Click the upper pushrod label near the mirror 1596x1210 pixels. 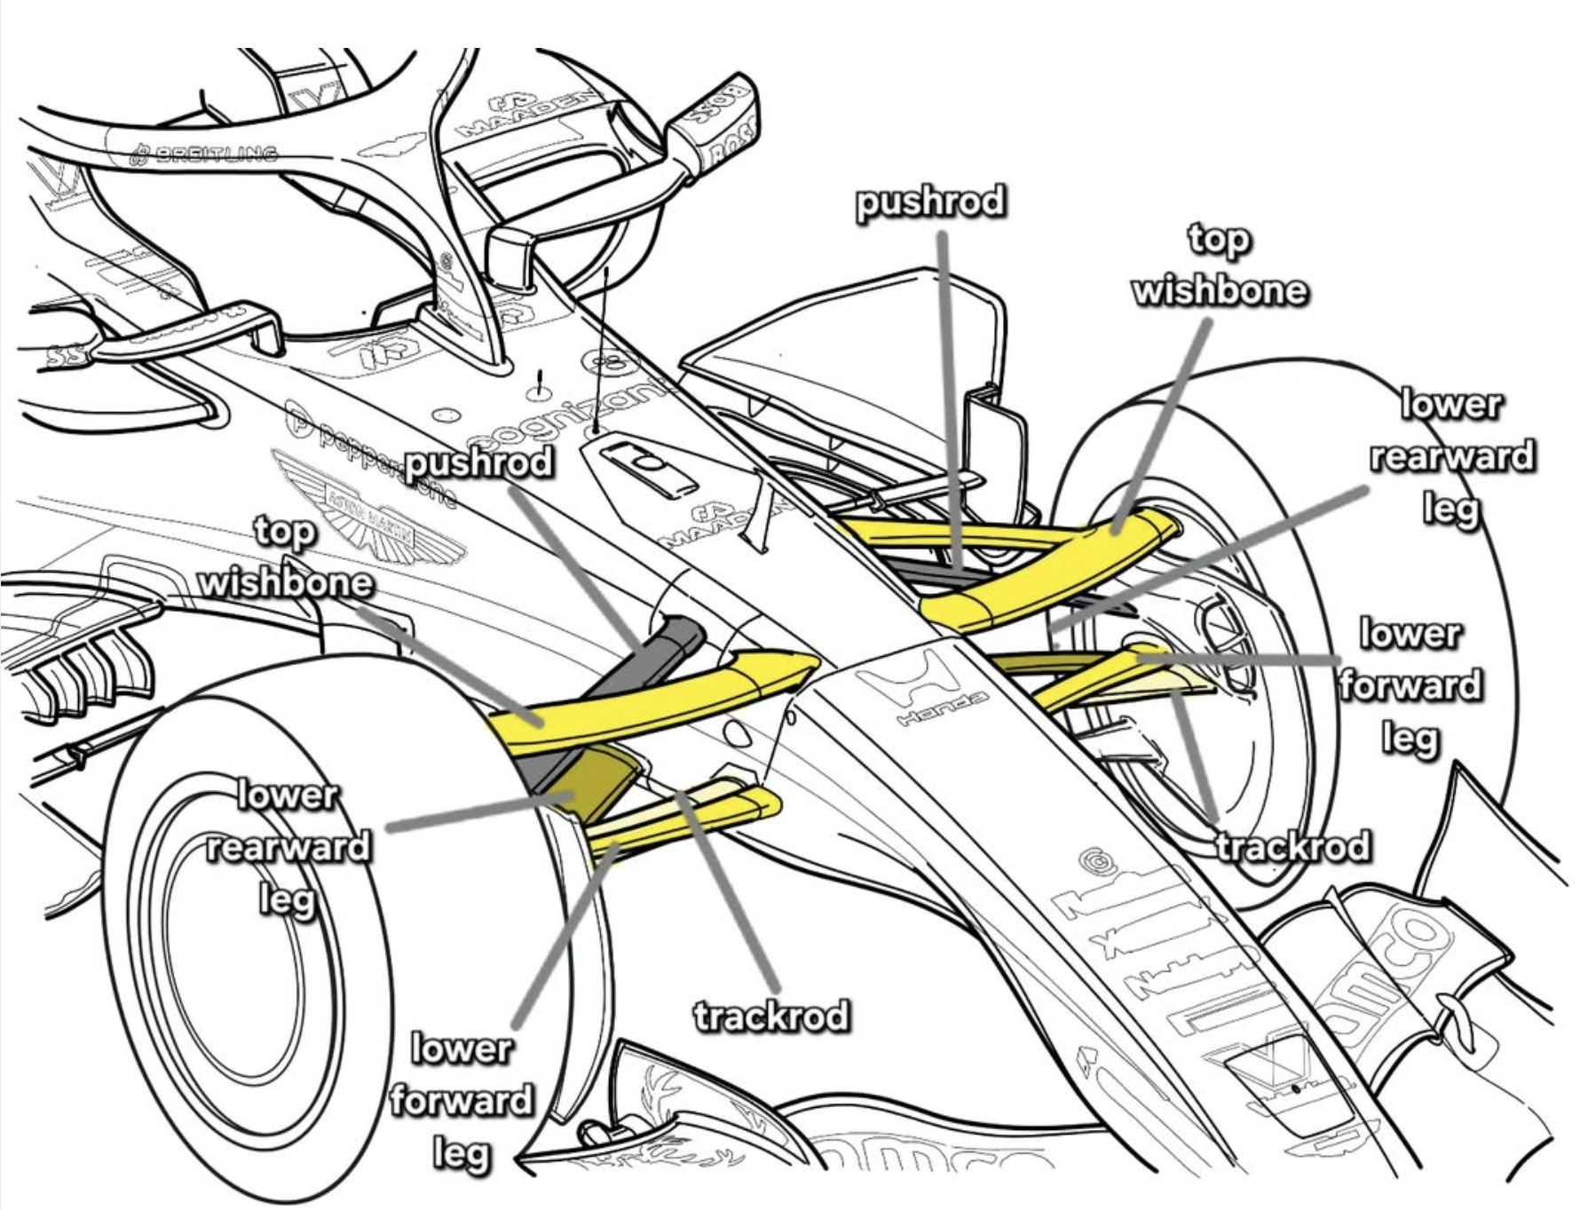[930, 202]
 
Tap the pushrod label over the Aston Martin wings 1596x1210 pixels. [479, 463]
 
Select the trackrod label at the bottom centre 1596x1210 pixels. [770, 1016]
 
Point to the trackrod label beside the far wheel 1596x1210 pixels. [1293, 846]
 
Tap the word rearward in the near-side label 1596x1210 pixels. [288, 847]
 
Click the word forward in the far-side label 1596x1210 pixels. [1410, 685]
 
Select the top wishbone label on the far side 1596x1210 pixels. [1220, 265]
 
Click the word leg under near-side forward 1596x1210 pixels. [462, 1153]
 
